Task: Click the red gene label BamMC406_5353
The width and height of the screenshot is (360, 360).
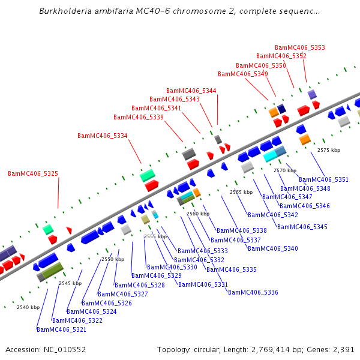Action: coord(300,47)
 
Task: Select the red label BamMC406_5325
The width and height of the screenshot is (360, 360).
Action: coord(33,173)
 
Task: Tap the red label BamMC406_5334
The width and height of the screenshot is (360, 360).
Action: coord(103,136)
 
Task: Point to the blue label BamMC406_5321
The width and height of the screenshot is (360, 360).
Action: coord(62,329)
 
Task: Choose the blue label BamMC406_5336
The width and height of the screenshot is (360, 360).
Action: coord(253,292)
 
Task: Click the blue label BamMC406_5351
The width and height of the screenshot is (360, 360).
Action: coord(324,179)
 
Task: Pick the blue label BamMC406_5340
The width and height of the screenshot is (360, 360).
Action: coord(273,248)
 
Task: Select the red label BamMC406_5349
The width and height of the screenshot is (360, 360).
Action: coord(243,74)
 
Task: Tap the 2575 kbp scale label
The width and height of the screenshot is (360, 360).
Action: coord(329,150)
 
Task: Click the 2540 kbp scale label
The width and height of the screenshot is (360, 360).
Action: coord(28,307)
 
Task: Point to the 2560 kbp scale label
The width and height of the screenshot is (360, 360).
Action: coord(198,214)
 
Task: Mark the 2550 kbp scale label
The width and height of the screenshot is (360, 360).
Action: coord(113,259)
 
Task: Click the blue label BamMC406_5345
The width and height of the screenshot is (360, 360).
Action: coord(302,227)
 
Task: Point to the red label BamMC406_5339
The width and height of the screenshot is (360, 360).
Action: coord(139,117)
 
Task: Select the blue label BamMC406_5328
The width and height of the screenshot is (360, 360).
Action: coord(140,285)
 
